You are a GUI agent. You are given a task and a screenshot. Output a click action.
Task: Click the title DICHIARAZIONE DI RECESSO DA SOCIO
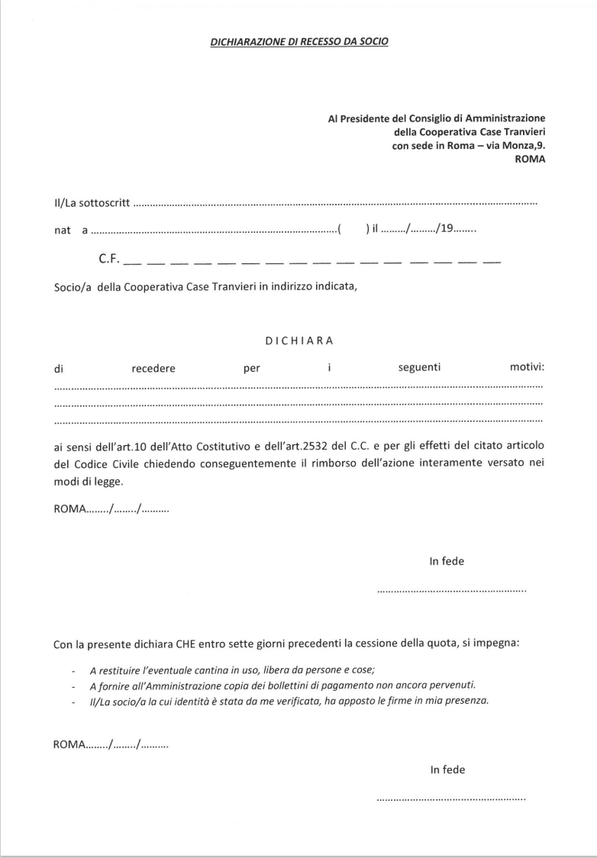pyautogui.click(x=298, y=41)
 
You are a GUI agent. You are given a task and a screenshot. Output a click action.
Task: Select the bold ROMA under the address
pyautogui.click(x=531, y=160)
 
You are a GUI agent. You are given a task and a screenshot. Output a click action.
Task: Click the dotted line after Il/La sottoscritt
pyautogui.click(x=336, y=205)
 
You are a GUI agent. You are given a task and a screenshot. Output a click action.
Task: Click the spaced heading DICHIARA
pyautogui.click(x=299, y=340)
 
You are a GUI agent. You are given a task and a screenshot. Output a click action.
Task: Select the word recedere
pyautogui.click(x=153, y=369)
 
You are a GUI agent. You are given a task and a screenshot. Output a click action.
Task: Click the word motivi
pyautogui.click(x=526, y=368)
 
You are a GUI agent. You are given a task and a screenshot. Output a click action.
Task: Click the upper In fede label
pyautogui.click(x=447, y=562)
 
